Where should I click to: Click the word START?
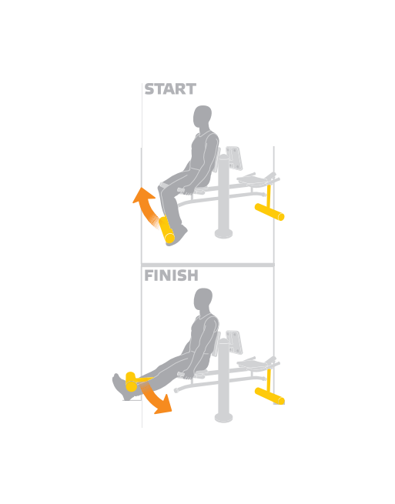coord(170,89)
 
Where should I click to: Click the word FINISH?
coord(171,275)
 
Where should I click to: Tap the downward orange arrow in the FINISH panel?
coord(156,398)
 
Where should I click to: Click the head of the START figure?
coord(203,118)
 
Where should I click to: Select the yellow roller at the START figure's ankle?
coord(166,229)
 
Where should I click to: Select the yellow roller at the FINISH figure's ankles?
coord(131,382)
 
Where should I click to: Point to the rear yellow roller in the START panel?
coord(269,212)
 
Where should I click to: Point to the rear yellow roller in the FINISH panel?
coord(269,396)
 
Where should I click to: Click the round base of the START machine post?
coord(223,234)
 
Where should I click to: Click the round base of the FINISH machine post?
coord(223,417)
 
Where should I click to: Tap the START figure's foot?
coord(178,235)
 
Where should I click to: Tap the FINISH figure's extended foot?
coord(122,387)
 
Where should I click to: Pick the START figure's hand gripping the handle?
coord(188,192)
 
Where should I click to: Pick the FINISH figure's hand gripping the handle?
coord(189,375)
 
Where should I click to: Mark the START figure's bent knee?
coord(162,186)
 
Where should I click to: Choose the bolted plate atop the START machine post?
coord(234,159)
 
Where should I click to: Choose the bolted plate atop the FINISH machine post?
coord(234,342)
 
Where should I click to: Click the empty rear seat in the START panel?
coord(254,179)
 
